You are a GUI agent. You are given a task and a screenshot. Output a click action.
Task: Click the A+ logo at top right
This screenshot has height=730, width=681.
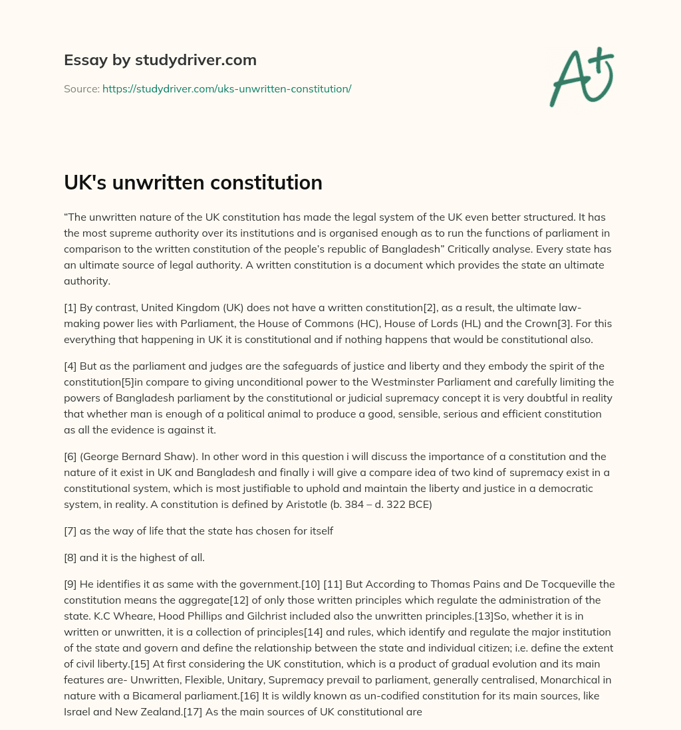[x=582, y=77]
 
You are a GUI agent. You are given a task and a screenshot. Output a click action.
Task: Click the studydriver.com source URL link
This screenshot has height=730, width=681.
[x=227, y=88]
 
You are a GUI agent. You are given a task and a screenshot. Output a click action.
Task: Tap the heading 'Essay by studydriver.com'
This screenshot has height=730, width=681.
[x=160, y=60]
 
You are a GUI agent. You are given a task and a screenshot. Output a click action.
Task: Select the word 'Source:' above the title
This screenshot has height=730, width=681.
[x=81, y=88]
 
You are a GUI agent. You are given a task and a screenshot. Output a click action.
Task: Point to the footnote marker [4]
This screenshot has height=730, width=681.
[x=70, y=366]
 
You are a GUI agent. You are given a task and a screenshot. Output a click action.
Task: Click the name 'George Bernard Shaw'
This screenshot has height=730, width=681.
[x=134, y=457]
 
